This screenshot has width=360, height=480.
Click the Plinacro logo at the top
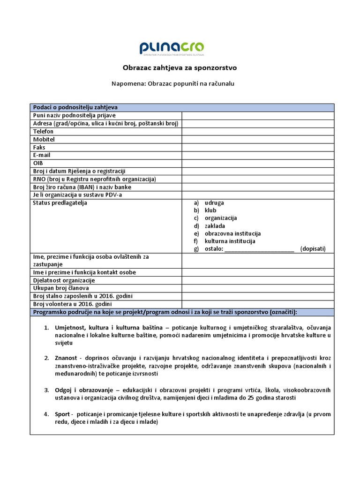click(x=172, y=48)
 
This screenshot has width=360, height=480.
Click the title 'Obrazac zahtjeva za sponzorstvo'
click(x=180, y=67)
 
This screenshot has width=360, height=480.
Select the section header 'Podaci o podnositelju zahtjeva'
click(x=75, y=107)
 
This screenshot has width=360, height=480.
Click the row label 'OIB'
click(x=38, y=163)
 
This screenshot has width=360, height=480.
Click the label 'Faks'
click(x=39, y=147)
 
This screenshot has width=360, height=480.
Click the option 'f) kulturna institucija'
click(x=225, y=241)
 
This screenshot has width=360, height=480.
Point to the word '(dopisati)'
click(x=313, y=249)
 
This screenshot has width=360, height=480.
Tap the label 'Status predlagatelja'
click(x=60, y=203)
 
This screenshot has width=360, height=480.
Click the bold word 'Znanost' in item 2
click(x=66, y=358)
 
